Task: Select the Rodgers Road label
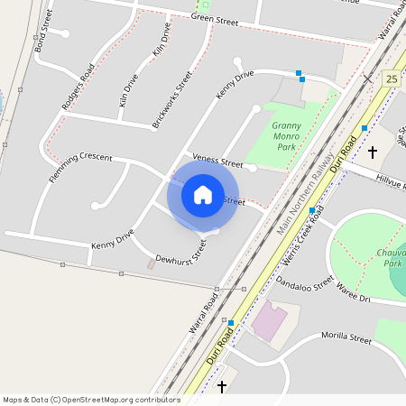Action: click(x=78, y=88)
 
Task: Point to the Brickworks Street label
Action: click(x=171, y=99)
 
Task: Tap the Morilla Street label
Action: click(x=346, y=338)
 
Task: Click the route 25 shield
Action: click(x=392, y=79)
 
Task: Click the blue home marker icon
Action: click(x=203, y=194)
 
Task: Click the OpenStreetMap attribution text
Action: click(x=91, y=399)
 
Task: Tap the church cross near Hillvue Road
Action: click(x=371, y=152)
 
